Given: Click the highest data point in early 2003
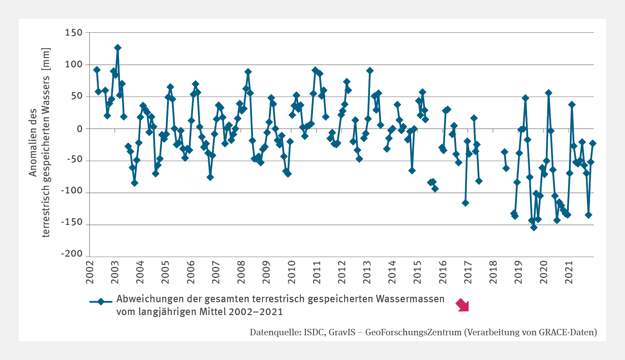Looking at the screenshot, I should click(118, 48).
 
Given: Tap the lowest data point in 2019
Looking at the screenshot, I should click(534, 227).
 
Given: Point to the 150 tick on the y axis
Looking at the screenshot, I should click(74, 32).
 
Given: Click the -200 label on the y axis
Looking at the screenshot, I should click(72, 253).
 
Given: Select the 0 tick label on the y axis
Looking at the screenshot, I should click(80, 129).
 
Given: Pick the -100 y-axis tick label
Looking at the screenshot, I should click(72, 191).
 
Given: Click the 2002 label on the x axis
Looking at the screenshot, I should click(90, 272).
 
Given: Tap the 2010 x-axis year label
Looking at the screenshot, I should click(291, 272).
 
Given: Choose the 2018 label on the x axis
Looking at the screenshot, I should click(493, 272).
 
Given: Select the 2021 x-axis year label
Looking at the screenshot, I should click(569, 272).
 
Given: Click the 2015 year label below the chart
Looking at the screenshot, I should click(418, 272).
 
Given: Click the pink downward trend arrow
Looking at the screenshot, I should click(462, 305).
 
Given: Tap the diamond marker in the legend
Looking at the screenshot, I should click(101, 302).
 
